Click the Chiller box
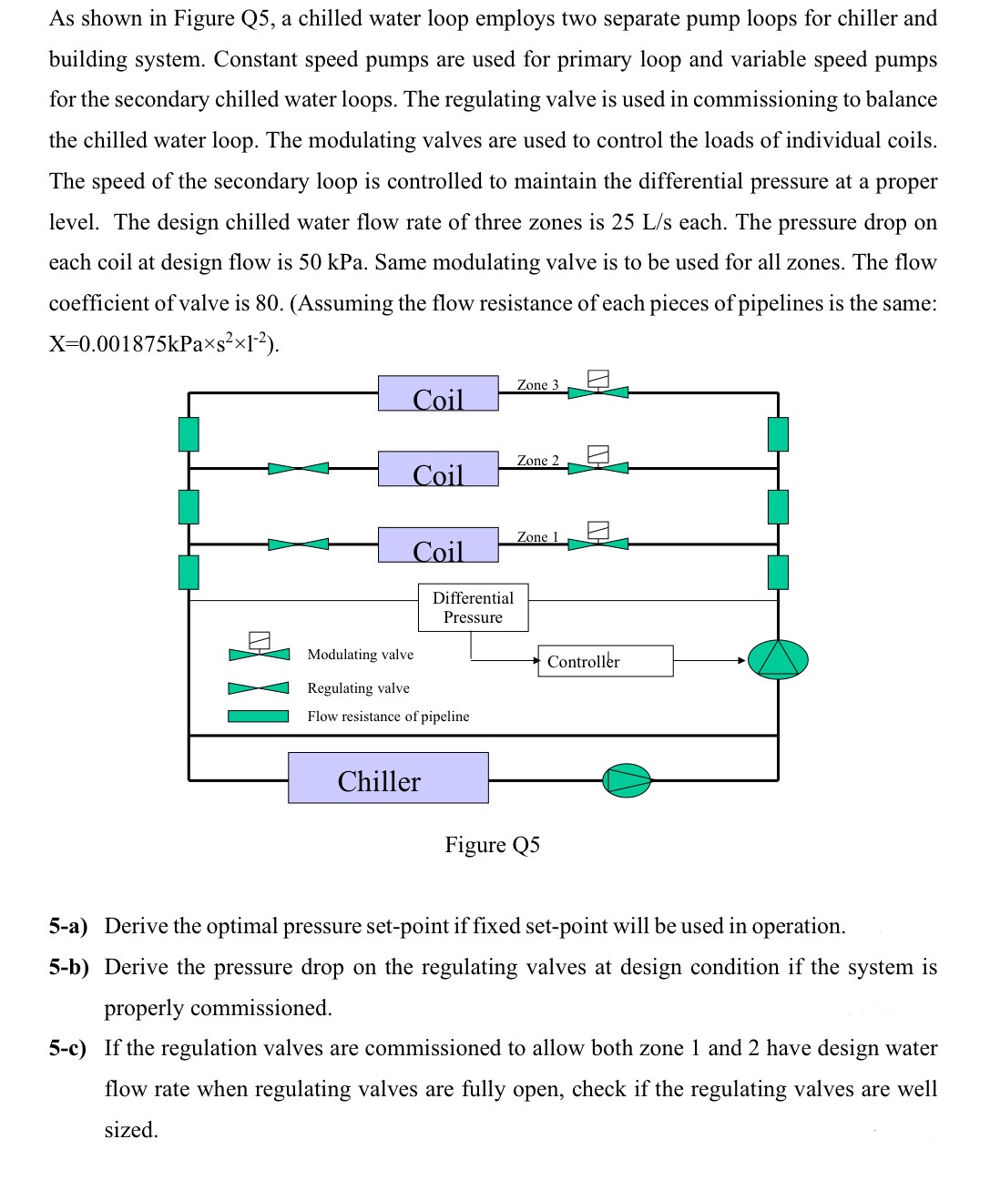tap(388, 778)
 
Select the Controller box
tap(606, 661)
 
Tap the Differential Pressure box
tap(473, 607)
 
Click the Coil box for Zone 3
tap(438, 393)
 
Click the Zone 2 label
tap(537, 461)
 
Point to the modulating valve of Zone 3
tap(597, 389)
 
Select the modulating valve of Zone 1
tap(597, 541)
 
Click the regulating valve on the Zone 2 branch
tap(298, 468)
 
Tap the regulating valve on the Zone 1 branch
tap(298, 544)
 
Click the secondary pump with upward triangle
tap(778, 659)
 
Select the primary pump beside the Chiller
tap(628, 780)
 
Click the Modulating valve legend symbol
tap(259, 650)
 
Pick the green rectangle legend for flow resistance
tap(258, 717)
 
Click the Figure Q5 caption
tap(492, 845)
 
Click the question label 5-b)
tap(69, 967)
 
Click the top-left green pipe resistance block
tap(189, 433)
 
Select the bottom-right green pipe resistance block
tap(778, 572)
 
